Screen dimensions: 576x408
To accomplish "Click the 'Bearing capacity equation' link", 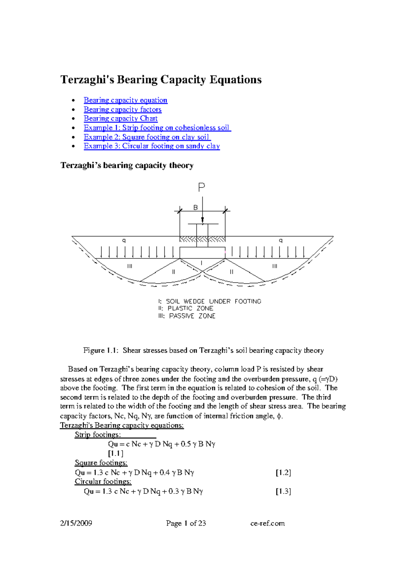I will [x=125, y=100].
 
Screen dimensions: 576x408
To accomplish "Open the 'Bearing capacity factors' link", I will [x=122, y=109].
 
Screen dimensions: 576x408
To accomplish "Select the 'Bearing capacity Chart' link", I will [x=121, y=119].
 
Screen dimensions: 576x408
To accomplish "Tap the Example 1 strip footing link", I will [x=157, y=128].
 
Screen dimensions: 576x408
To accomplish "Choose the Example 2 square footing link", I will [x=147, y=137].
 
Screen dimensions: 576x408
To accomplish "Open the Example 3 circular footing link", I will [x=152, y=146].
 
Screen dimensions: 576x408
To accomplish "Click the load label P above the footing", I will [x=202, y=187].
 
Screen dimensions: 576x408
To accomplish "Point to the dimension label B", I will [x=195, y=208].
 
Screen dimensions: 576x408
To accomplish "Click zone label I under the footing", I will [x=202, y=263].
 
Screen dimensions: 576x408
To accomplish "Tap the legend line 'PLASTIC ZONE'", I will [x=190, y=308].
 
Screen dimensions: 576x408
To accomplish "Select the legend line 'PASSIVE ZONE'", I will [x=192, y=316].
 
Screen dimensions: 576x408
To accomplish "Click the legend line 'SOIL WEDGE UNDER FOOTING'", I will [x=213, y=301].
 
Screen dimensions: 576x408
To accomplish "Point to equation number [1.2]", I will [x=283, y=472].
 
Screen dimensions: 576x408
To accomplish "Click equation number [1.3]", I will [x=283, y=491].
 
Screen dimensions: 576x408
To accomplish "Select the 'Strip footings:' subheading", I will [x=98, y=435].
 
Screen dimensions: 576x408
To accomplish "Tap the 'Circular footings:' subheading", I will [x=103, y=482].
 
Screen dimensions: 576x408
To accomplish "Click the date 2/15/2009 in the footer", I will [x=76, y=523].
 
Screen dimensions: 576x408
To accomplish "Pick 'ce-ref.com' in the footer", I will [x=268, y=523].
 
